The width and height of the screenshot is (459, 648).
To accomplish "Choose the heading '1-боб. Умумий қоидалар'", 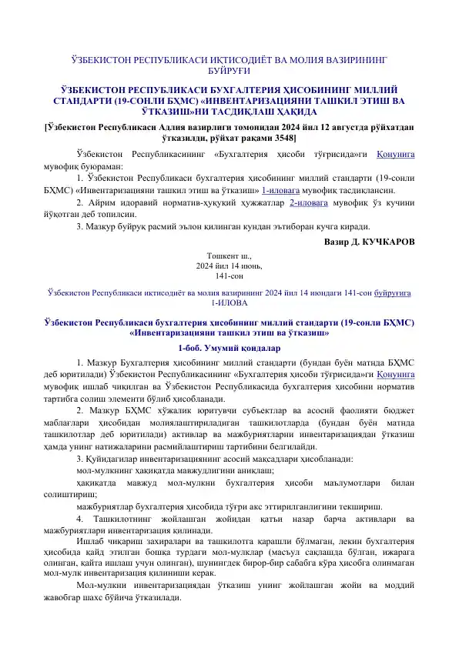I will click(229, 347).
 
